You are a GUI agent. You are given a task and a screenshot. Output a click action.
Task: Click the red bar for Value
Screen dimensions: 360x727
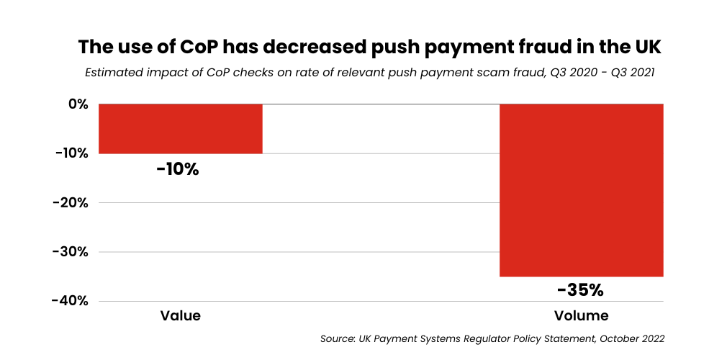[x=180, y=128]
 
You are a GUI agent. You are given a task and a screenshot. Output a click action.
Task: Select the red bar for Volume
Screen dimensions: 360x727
[x=581, y=190]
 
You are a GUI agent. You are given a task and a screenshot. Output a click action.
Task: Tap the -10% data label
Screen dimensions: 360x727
[x=177, y=170]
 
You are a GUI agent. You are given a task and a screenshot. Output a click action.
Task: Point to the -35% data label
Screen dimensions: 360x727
[x=580, y=290]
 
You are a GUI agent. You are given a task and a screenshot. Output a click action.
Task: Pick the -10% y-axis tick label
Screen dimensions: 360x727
[x=71, y=153]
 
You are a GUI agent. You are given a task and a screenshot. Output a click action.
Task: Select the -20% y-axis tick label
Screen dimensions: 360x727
[x=71, y=202]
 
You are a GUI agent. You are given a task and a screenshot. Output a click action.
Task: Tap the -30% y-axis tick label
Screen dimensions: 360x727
[x=71, y=252]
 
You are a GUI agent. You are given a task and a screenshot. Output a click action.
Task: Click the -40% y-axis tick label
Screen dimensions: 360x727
[x=71, y=301]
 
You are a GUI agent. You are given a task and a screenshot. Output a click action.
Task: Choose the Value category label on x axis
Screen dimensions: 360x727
[x=180, y=316]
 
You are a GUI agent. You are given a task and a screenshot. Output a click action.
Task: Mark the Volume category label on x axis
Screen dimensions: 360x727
[x=581, y=316]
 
